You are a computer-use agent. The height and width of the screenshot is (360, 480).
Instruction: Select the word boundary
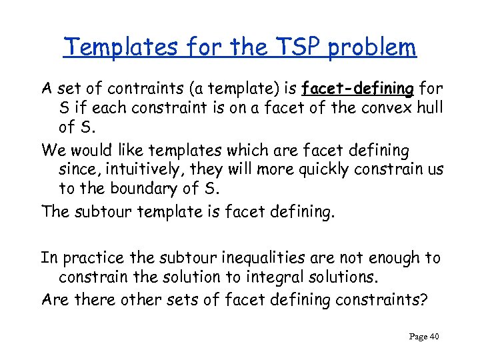tap(136, 189)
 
